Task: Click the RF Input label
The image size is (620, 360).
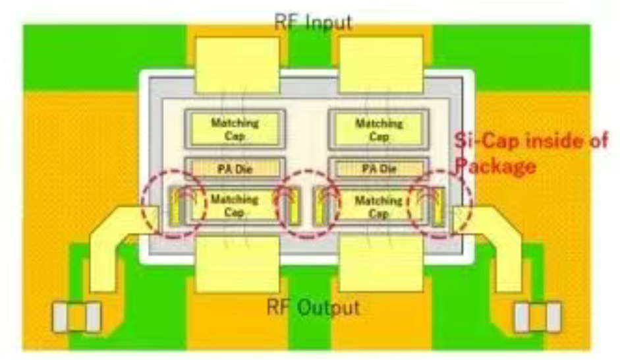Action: (x=313, y=22)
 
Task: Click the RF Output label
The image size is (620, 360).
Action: (x=313, y=307)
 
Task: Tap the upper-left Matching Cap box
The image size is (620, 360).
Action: (x=235, y=129)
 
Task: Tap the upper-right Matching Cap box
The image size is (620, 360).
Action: (x=379, y=129)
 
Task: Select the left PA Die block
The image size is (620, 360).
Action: (x=235, y=169)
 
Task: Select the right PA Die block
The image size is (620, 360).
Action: (x=379, y=169)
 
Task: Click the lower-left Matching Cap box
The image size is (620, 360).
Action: (x=234, y=205)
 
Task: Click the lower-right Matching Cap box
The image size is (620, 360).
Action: (x=378, y=206)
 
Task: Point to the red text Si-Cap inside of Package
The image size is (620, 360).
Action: (x=530, y=154)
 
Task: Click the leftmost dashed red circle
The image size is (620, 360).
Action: (x=142, y=204)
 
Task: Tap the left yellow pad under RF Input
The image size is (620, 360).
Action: (x=237, y=65)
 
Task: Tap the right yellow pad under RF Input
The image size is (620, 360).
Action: (x=381, y=65)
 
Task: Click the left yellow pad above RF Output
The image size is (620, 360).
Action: (x=237, y=264)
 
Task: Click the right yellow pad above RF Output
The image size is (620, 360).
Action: (x=381, y=264)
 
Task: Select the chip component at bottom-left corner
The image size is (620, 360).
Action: (x=76, y=317)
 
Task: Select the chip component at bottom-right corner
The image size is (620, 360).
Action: (x=538, y=317)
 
